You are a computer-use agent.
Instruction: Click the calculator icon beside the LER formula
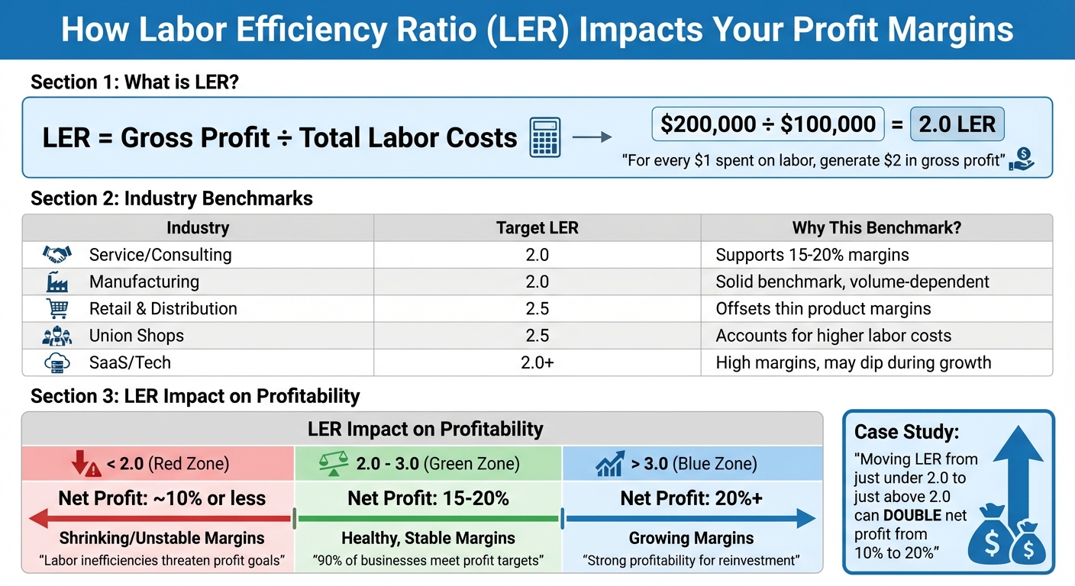point(544,137)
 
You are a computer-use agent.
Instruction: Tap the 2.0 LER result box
point(957,125)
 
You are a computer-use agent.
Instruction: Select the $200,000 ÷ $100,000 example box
point(767,125)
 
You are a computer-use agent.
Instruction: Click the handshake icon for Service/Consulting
point(57,255)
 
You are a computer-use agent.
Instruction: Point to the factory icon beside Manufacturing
point(57,282)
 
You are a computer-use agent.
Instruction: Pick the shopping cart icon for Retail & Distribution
point(57,309)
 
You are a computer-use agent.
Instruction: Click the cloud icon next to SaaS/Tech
point(57,363)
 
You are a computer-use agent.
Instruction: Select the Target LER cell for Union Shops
point(537,336)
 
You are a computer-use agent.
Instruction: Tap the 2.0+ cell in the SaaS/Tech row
point(537,363)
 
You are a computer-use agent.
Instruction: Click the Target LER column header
point(537,227)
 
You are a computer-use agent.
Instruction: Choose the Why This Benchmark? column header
point(876,227)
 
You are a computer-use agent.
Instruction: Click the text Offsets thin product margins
point(823,309)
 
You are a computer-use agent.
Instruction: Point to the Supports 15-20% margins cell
point(812,255)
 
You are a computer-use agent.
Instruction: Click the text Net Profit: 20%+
point(691,499)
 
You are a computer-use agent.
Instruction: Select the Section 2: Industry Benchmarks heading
point(172,199)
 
